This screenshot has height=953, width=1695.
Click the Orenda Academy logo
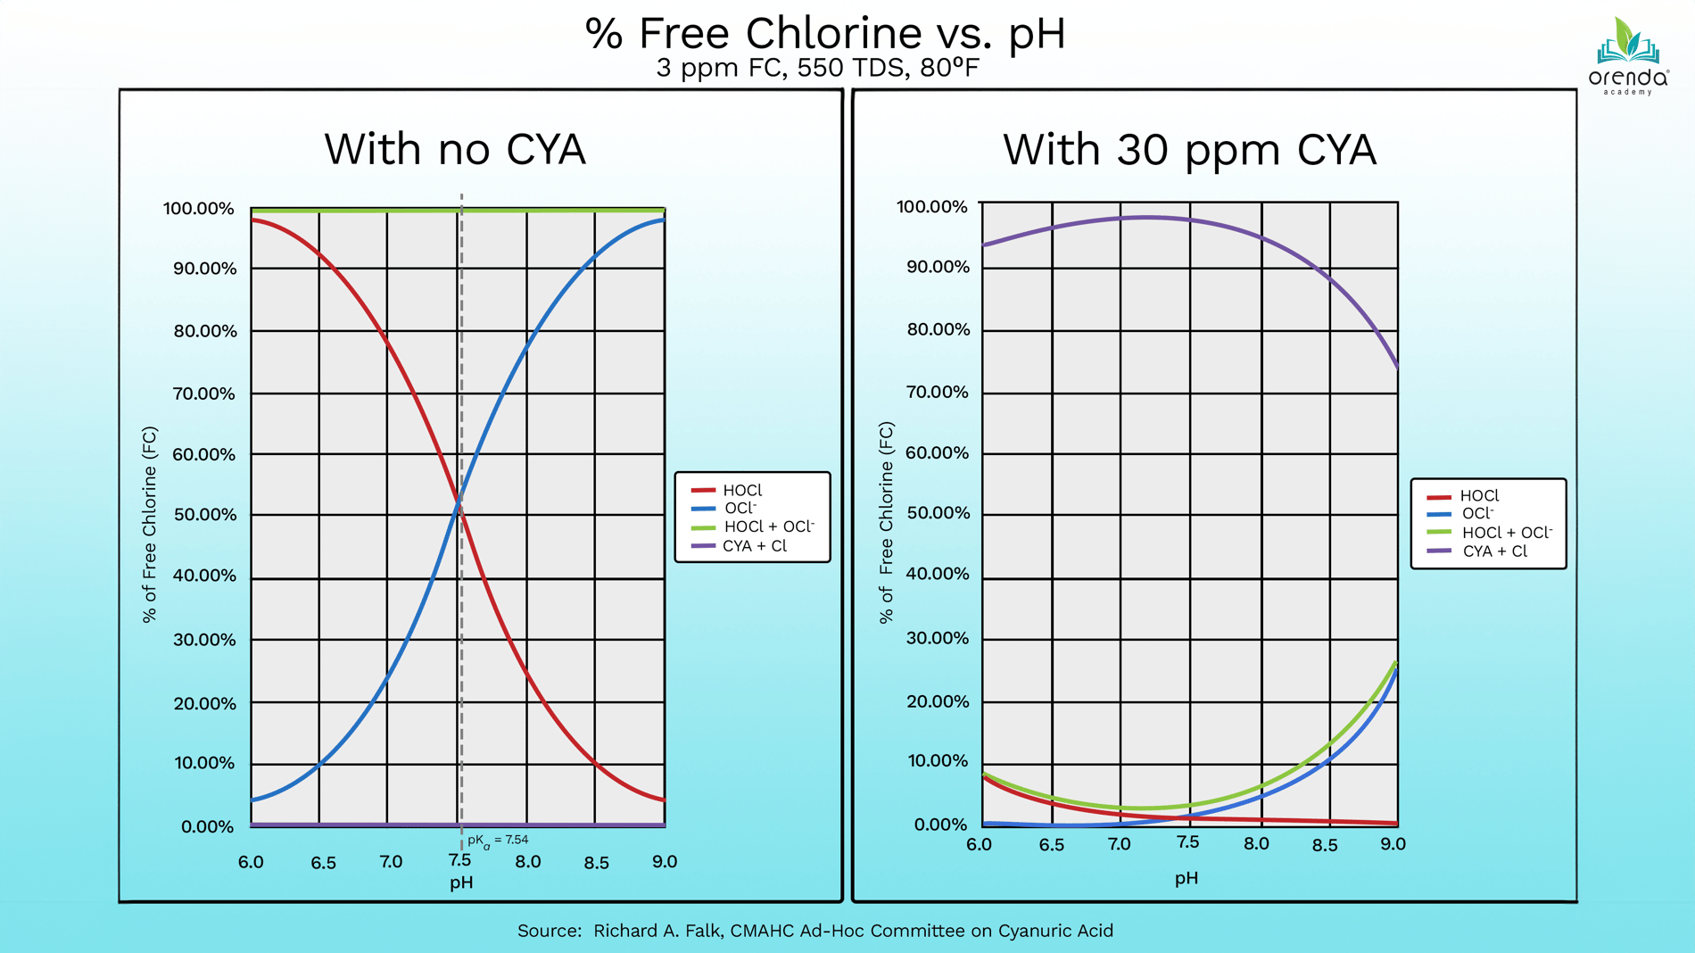coord(1628,55)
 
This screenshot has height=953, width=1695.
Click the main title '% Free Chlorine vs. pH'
coord(824,33)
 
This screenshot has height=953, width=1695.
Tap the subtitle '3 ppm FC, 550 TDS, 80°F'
coord(817,68)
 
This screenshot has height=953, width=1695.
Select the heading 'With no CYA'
coord(454,149)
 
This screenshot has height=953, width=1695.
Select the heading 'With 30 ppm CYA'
coord(1189,149)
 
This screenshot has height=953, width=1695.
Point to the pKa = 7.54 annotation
coord(498,841)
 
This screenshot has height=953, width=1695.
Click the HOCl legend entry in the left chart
coord(741,490)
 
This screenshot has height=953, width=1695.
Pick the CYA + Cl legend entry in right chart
coord(1494,551)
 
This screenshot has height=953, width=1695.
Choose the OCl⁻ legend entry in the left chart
coord(740,508)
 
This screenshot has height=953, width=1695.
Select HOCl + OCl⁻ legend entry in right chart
coord(1507,533)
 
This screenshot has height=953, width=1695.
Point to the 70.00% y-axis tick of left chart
coord(204,394)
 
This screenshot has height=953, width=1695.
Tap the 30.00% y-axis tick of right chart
coord(937,638)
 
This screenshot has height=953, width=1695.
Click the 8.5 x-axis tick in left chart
coord(596,863)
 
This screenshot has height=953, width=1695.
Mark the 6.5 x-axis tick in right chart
coord(1051,845)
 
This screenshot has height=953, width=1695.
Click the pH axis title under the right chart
coord(1186,878)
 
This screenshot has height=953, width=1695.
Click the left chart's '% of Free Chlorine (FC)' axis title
coord(149,525)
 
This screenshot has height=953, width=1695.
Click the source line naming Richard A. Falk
coord(814,931)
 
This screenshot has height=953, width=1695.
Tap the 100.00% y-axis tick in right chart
coord(931,207)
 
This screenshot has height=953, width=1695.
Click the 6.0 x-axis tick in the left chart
coord(251,862)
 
